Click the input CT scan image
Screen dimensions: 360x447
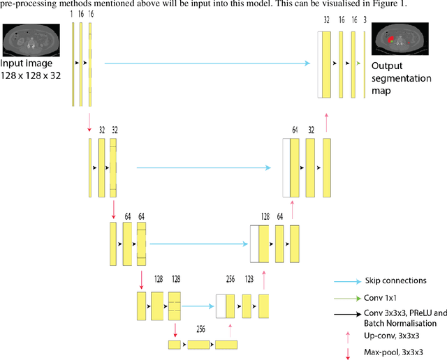pos(24,41)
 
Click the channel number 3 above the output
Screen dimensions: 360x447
pos(365,22)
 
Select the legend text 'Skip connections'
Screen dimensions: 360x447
pos(395,281)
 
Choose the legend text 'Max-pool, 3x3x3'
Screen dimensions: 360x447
pos(395,352)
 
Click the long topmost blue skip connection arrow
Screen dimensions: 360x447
pos(207,63)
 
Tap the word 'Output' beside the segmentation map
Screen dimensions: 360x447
pos(386,65)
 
